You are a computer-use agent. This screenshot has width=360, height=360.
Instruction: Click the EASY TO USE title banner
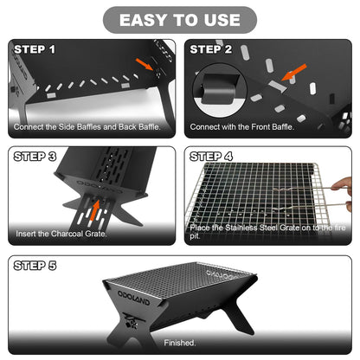(180, 19)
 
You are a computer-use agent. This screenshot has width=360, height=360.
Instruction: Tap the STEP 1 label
(35, 49)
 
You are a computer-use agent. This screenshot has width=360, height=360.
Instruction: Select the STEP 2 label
(211, 49)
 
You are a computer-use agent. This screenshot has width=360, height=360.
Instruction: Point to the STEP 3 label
(35, 157)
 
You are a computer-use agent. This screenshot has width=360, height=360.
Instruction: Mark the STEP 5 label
(35, 265)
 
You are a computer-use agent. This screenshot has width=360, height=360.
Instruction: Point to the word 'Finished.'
(182, 342)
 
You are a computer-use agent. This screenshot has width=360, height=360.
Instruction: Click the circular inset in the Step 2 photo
(217, 90)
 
